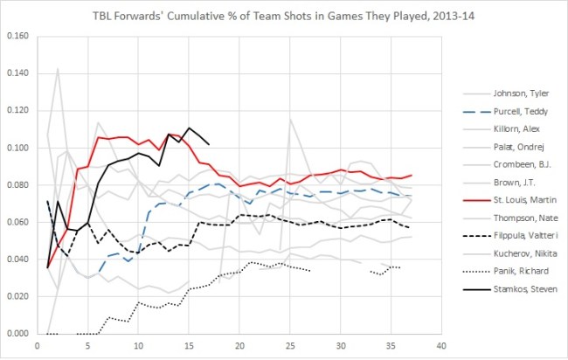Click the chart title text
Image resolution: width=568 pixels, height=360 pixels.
point(284,15)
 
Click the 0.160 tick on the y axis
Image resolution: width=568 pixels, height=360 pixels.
point(17,37)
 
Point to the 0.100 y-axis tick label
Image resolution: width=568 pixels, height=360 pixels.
point(17,149)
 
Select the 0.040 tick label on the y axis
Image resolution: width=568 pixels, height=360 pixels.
point(17,260)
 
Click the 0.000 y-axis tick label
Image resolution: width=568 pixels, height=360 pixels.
point(17,334)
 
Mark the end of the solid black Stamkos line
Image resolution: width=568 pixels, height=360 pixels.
point(209,144)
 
